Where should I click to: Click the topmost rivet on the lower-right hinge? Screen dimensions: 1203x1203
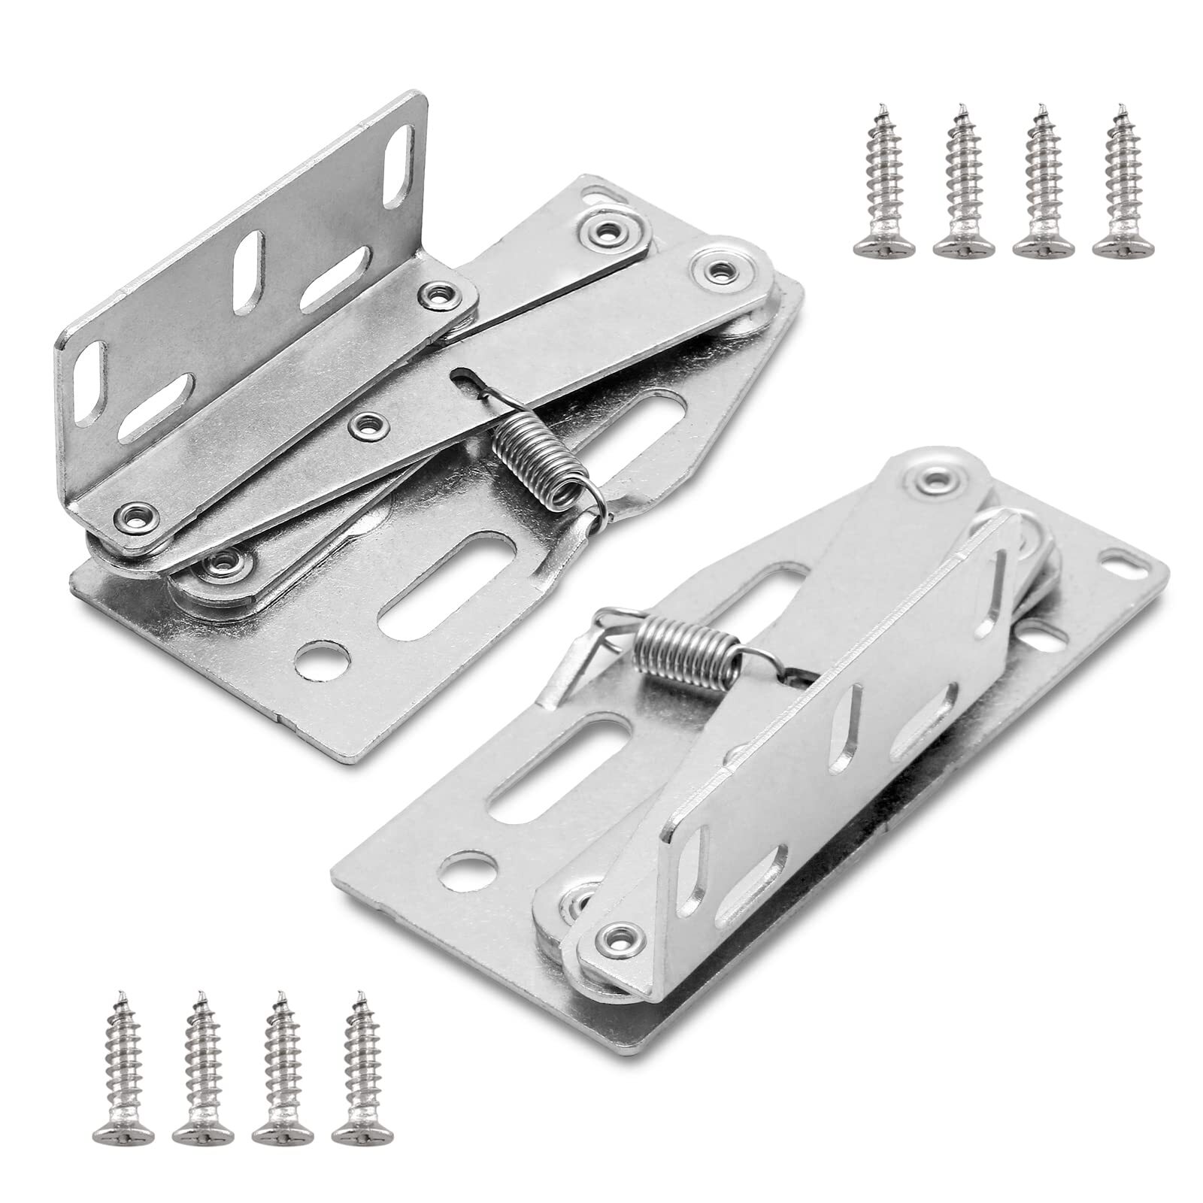pos(936,477)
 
